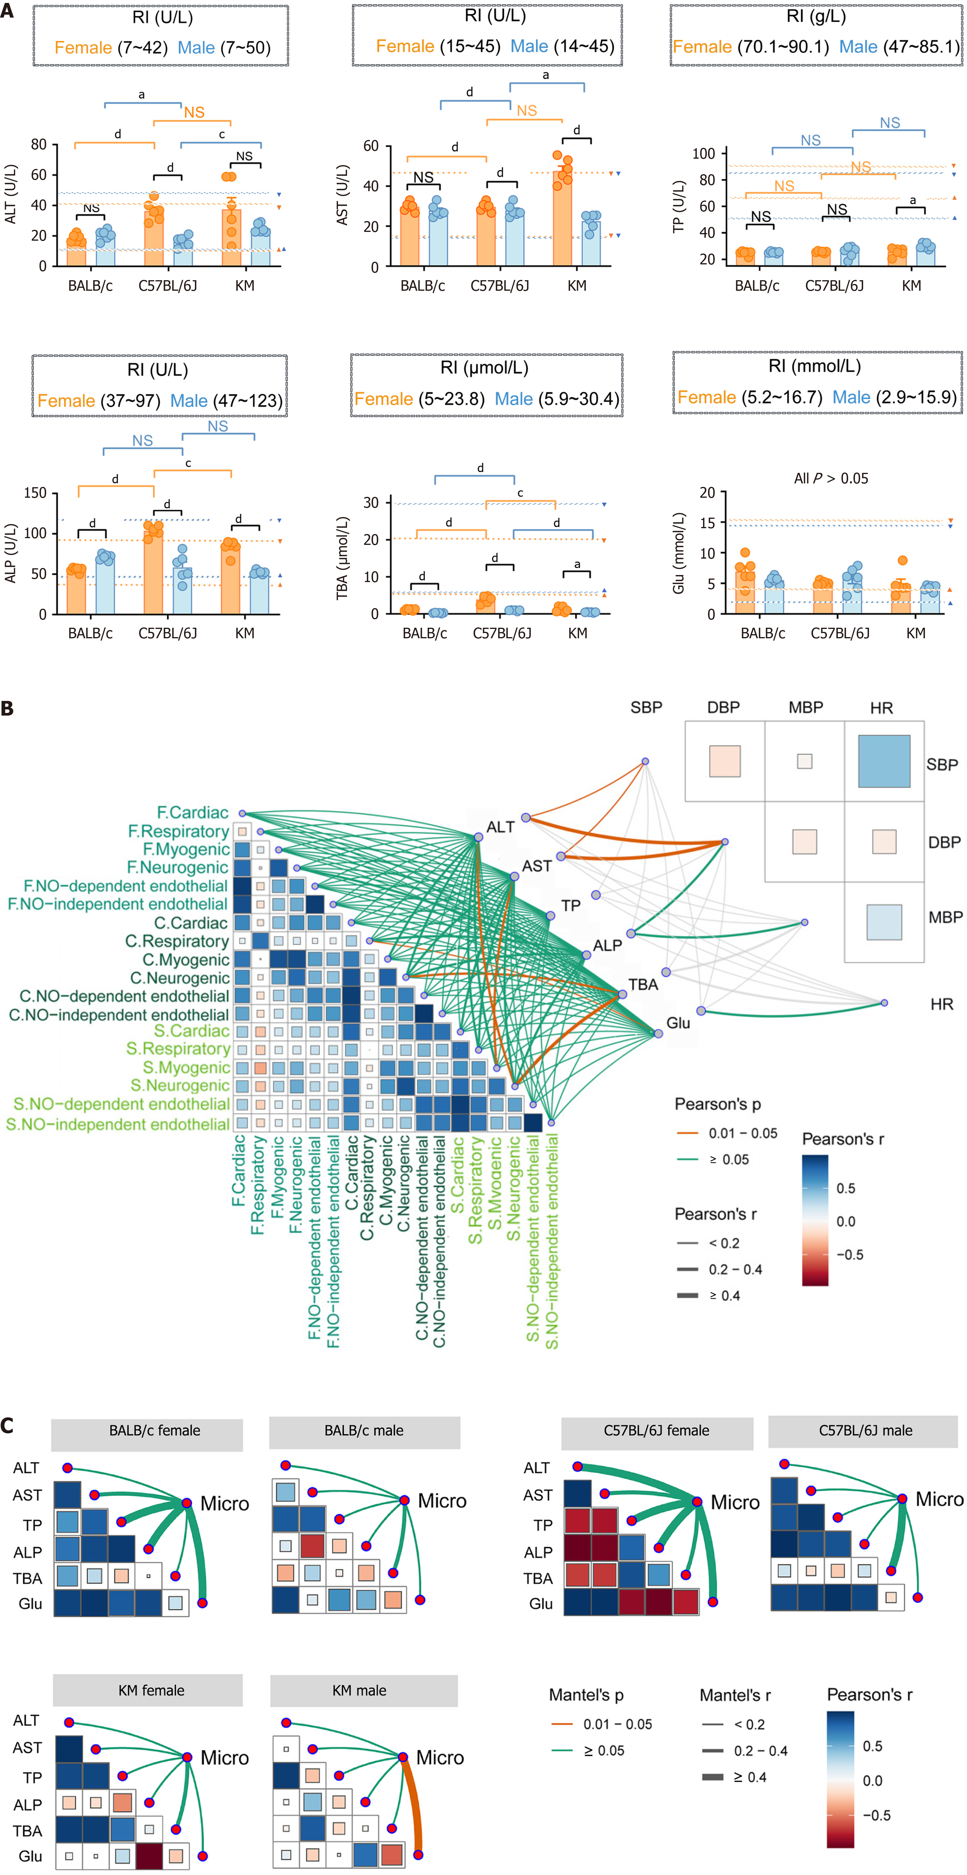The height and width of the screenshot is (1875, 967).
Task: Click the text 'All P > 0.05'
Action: click(831, 478)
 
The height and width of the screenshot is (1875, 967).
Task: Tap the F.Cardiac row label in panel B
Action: click(193, 812)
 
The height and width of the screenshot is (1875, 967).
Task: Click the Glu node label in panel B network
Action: click(678, 1023)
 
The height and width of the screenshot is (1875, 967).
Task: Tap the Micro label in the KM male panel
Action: click(440, 1758)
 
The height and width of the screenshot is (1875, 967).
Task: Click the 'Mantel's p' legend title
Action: click(586, 1695)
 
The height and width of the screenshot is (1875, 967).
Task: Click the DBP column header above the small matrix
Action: click(723, 707)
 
